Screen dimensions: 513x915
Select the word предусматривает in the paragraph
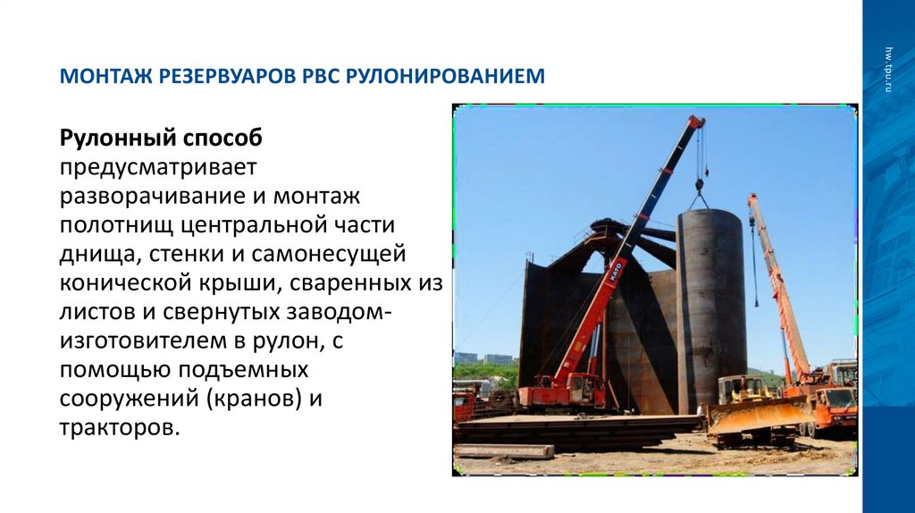click(x=158, y=167)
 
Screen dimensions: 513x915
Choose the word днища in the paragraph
click(x=96, y=254)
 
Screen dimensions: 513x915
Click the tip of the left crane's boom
click(x=696, y=120)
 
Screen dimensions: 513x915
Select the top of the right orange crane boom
click(x=752, y=198)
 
